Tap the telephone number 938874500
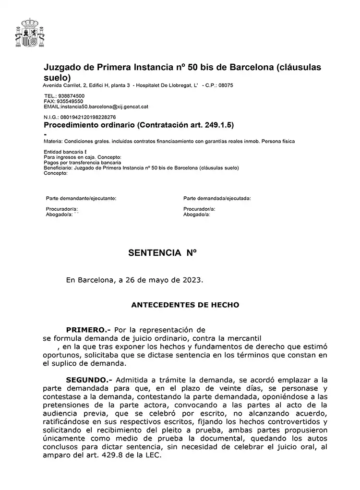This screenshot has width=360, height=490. [x=71, y=96]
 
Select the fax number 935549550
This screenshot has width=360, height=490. [x=70, y=101]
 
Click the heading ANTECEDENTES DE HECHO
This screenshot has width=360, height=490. [x=185, y=305]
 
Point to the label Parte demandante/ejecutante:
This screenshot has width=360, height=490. [x=81, y=198]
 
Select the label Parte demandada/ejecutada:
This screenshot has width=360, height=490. [x=217, y=198]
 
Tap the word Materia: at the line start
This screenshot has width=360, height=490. [x=52, y=142]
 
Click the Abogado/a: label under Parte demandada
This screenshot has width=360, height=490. [x=197, y=215]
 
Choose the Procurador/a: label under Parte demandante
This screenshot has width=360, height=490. [x=62, y=209]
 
